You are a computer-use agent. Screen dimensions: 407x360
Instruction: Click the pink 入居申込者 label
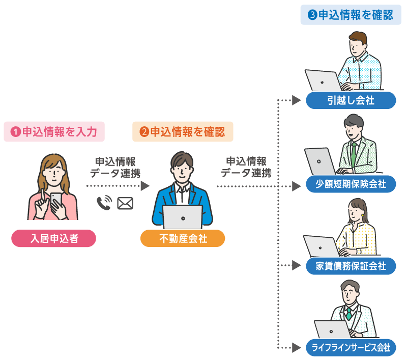click(53, 238)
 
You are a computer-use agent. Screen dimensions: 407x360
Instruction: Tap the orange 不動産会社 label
click(183, 238)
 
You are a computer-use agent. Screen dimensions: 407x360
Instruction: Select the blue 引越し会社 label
click(351, 100)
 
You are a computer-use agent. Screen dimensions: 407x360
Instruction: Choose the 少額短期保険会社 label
click(351, 184)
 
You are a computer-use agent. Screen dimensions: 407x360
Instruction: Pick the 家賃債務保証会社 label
click(351, 266)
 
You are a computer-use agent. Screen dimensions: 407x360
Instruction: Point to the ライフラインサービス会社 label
click(351, 348)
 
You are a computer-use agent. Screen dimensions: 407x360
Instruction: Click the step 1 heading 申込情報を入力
click(54, 132)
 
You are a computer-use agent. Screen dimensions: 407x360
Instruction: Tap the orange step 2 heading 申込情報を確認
click(183, 132)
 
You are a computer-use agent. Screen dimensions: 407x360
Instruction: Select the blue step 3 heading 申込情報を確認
click(351, 15)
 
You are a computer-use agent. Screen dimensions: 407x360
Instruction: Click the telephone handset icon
click(104, 203)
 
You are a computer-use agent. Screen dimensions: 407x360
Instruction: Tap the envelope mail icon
click(125, 203)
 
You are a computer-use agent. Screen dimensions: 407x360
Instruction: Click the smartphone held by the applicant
click(56, 200)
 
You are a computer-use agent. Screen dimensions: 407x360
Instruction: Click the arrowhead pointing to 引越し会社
click(296, 100)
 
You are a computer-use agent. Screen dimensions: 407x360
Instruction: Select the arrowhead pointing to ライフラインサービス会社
click(296, 348)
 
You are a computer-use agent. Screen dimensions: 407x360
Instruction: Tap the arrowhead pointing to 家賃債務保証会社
click(296, 265)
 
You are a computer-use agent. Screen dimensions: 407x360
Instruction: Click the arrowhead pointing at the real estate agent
click(145, 186)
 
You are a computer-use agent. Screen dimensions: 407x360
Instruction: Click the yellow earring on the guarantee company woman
click(363, 215)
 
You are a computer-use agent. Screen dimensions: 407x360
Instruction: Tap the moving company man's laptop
click(323, 80)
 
